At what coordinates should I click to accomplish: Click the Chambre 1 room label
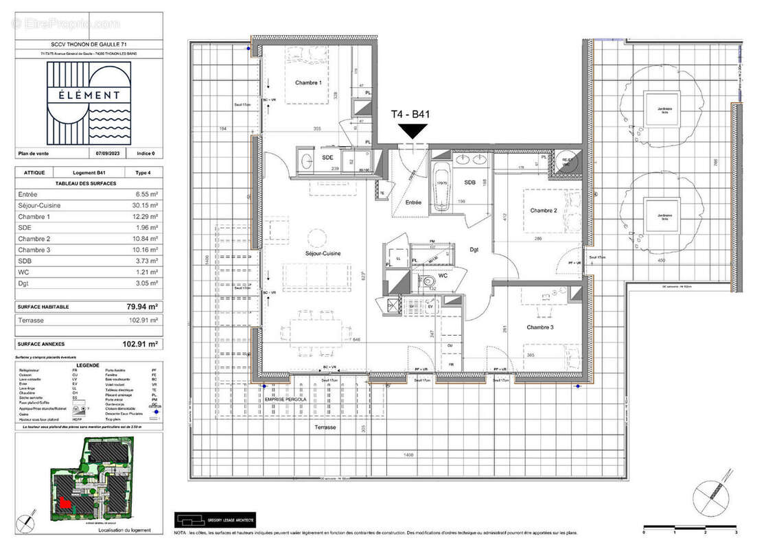tap(308, 82)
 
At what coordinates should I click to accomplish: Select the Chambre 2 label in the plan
tap(543, 210)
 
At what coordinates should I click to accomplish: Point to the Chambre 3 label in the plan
tap(540, 327)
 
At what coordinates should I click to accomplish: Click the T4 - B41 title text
tap(410, 115)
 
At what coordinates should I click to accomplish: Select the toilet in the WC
tap(428, 281)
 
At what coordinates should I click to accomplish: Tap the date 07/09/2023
tap(107, 153)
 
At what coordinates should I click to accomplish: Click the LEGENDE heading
tap(88, 366)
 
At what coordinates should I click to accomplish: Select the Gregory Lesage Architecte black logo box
tap(214, 518)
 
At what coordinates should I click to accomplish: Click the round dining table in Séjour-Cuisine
tap(316, 238)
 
